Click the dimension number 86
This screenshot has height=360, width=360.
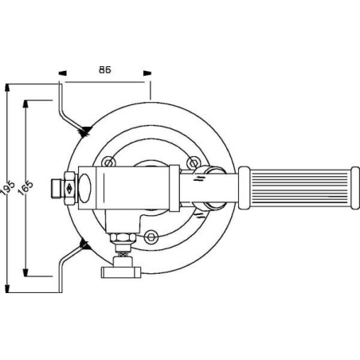[105, 69]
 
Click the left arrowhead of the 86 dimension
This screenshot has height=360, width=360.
[63, 79]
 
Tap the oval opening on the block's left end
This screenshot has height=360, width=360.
[87, 188]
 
